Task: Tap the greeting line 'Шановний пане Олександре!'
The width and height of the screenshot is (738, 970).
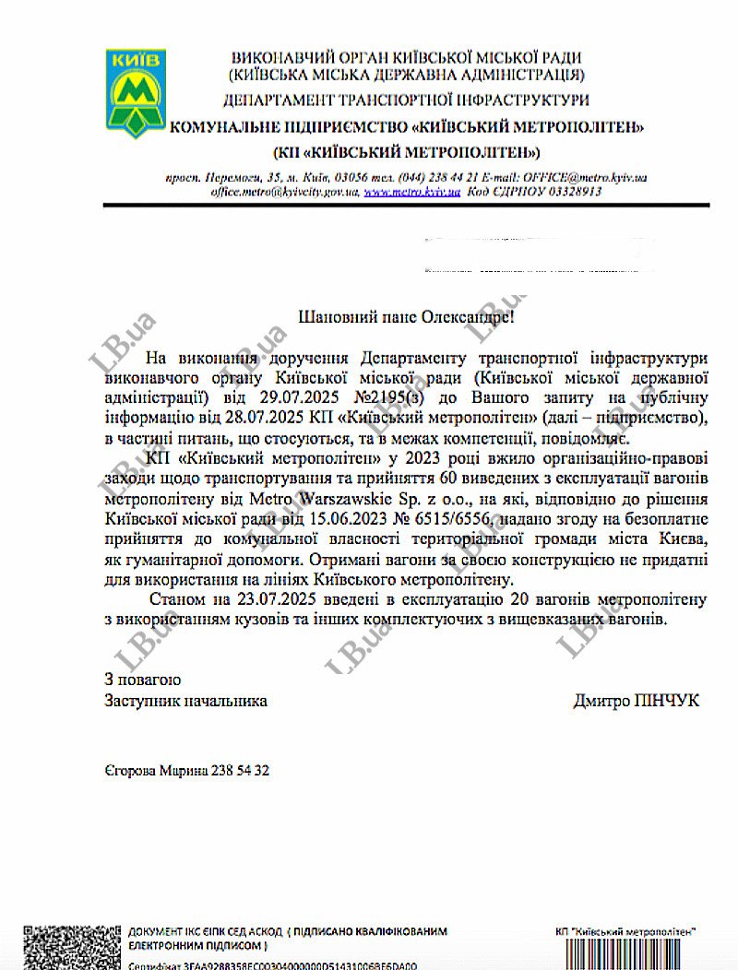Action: click(x=403, y=317)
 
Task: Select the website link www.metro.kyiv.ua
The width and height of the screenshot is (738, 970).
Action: click(x=411, y=193)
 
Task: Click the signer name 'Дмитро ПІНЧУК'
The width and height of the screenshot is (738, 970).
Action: click(x=636, y=701)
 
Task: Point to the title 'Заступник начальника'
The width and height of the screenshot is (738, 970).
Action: click(x=186, y=701)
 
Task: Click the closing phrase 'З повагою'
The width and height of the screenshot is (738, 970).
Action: click(x=143, y=680)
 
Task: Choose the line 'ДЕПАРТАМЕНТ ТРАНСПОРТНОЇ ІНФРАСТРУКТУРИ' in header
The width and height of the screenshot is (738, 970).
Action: click(x=406, y=99)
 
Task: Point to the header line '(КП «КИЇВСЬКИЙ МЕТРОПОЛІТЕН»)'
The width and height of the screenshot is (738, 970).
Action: click(x=406, y=151)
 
